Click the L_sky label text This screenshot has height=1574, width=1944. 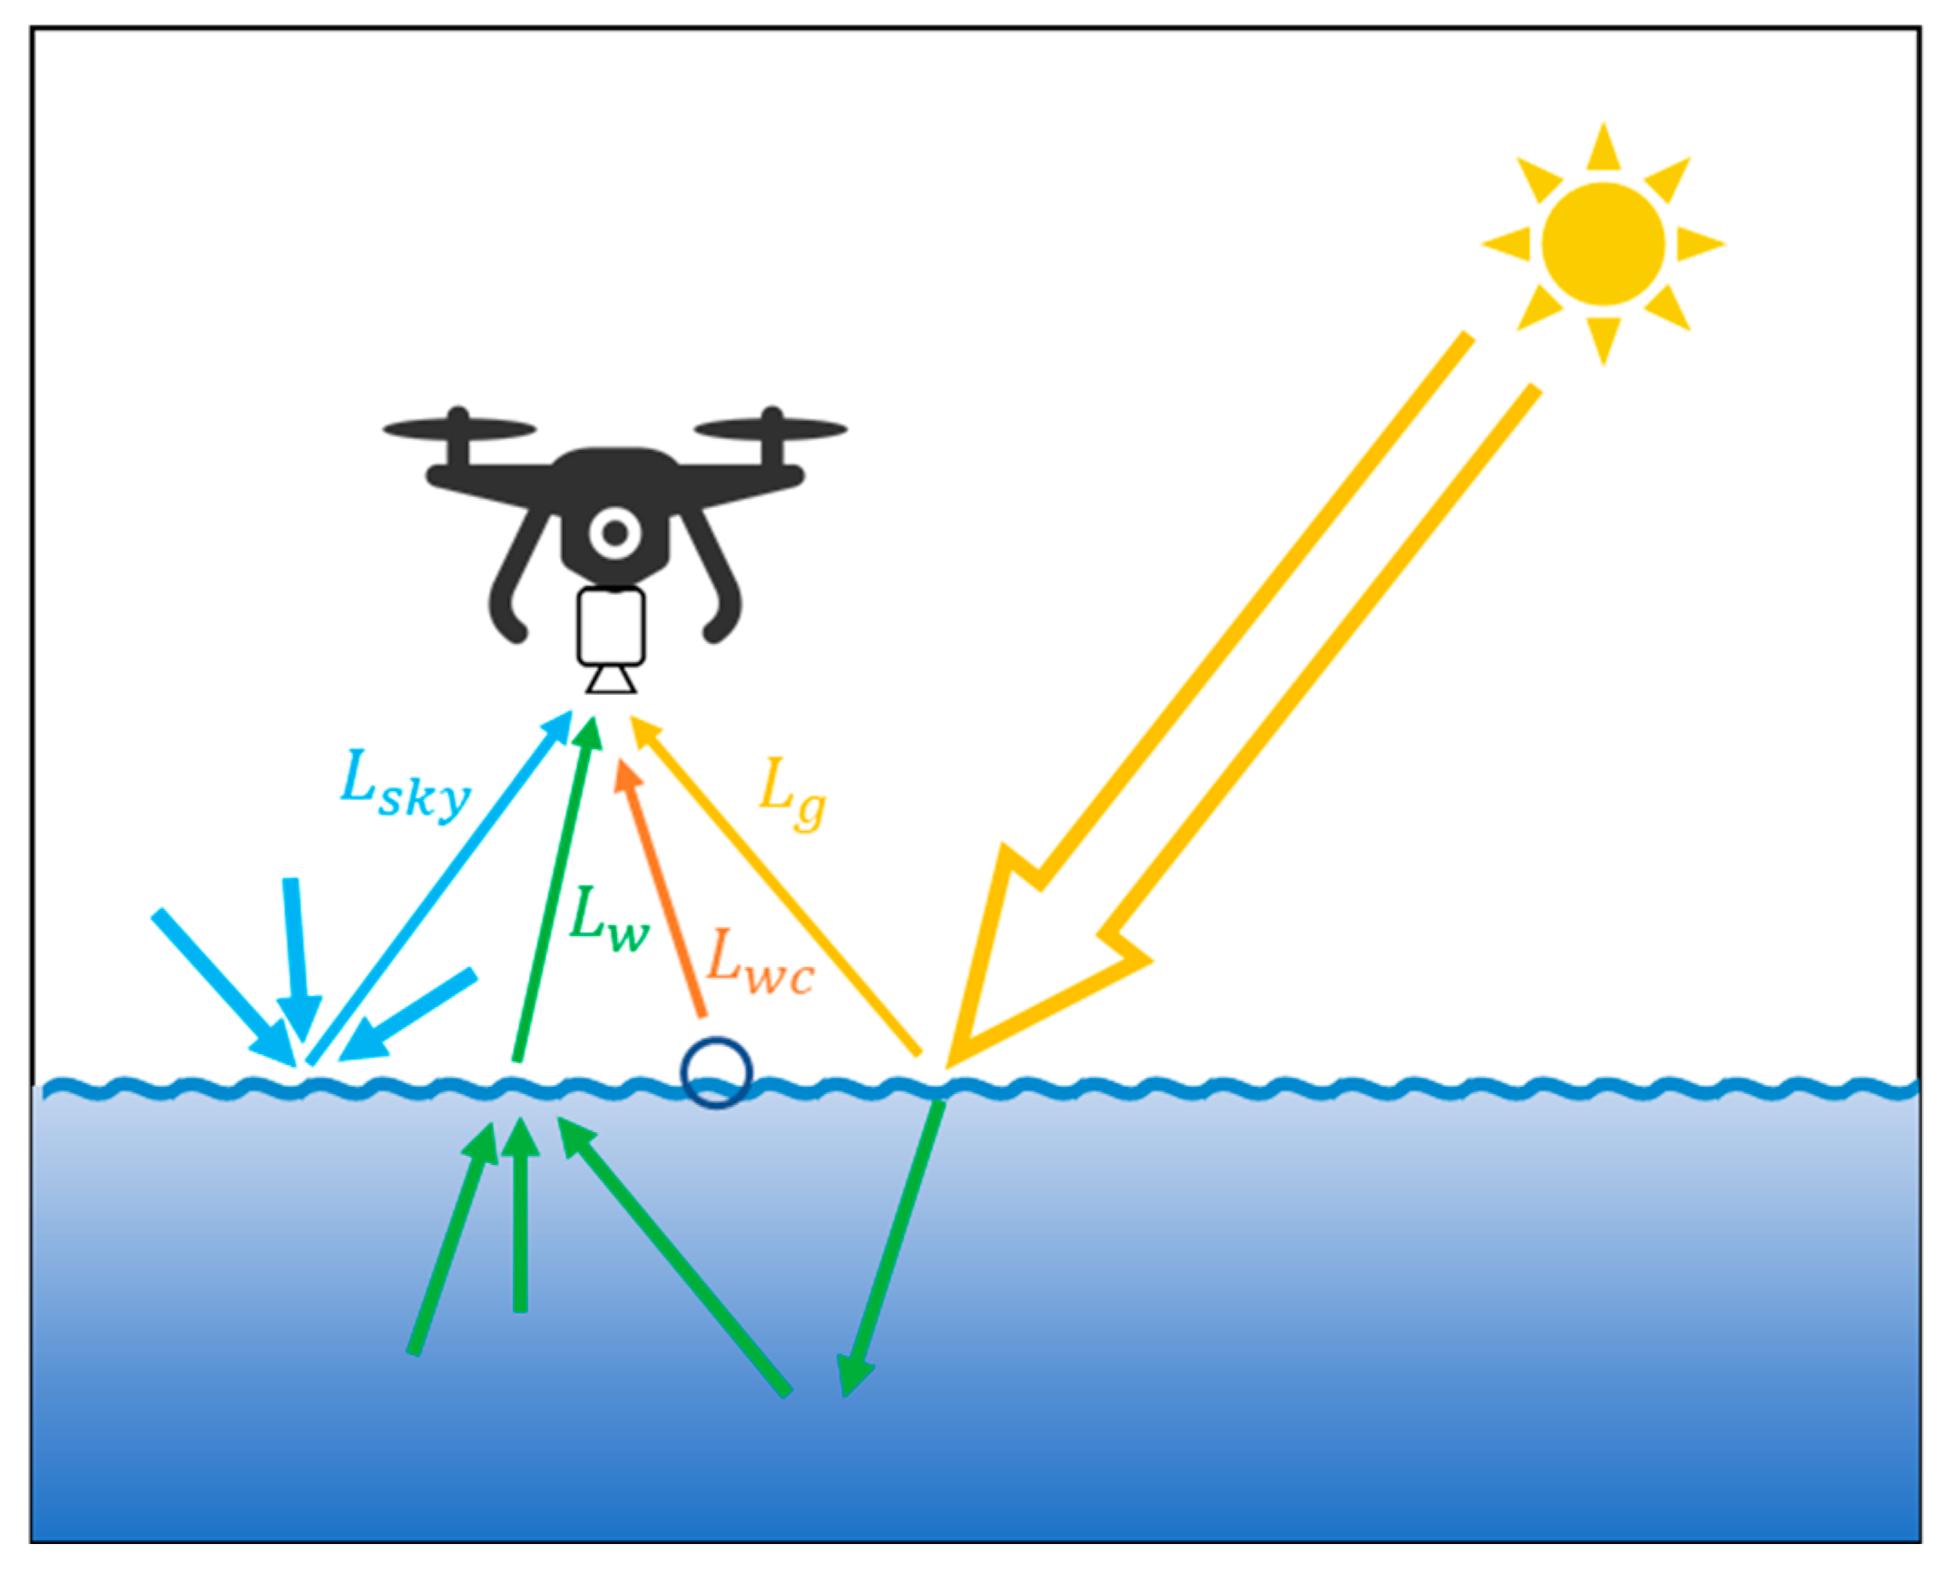tap(405, 787)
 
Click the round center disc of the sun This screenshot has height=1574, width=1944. tap(1603, 243)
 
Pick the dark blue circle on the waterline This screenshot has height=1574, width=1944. tap(716, 1072)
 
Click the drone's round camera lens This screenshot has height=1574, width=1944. tap(614, 533)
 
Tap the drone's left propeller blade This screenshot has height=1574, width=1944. tap(459, 427)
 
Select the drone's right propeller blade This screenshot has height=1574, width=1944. tap(771, 427)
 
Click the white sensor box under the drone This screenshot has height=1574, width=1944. tap(612, 626)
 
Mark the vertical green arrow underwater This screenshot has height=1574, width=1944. tap(520, 1216)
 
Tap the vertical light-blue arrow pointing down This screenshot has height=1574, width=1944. tap(295, 962)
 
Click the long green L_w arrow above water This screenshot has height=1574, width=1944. tap(554, 889)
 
